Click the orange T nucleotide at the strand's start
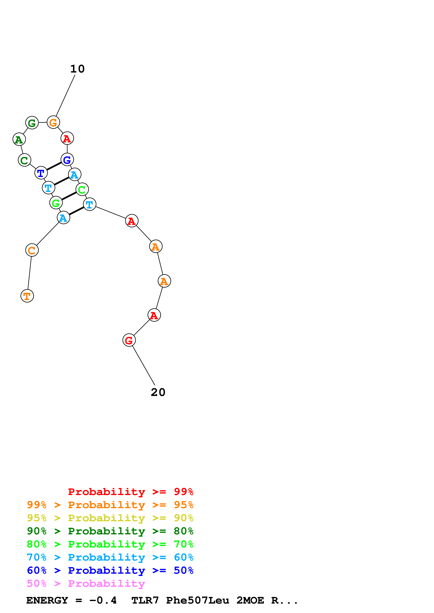click(x=27, y=296)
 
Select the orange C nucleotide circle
click(x=32, y=250)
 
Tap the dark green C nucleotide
click(x=24, y=160)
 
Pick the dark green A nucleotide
click(x=19, y=139)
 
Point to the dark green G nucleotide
click(x=32, y=123)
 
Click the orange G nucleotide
click(x=53, y=122)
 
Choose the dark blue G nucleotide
click(x=67, y=160)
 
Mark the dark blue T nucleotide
click(x=41, y=173)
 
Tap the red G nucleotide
click(x=129, y=340)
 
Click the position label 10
click(x=77, y=69)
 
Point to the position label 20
click(x=158, y=392)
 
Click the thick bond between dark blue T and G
click(x=54, y=166)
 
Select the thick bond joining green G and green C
click(x=69, y=196)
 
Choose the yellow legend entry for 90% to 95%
click(x=110, y=518)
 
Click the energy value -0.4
click(x=103, y=600)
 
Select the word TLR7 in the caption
click(x=145, y=600)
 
